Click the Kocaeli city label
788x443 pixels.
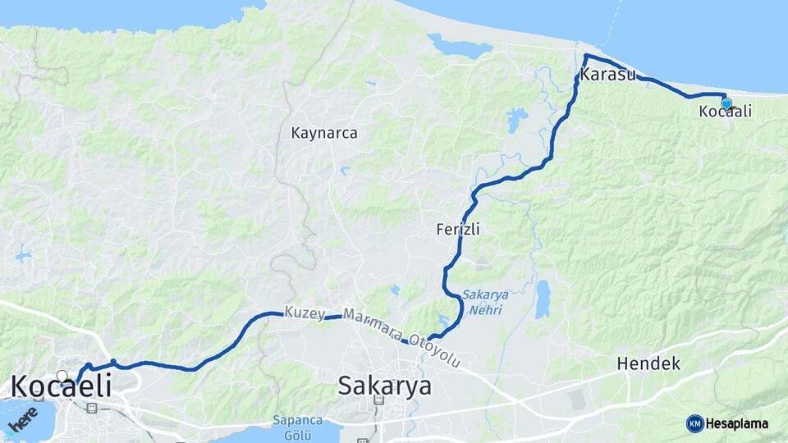coord(61,386)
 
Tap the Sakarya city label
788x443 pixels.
coord(384,386)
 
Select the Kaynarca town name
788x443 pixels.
coord(324,132)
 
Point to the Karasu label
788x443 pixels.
coord(607,75)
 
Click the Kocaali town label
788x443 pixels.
coord(725,112)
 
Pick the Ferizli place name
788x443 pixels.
coord(458,231)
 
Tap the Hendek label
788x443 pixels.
coord(648,363)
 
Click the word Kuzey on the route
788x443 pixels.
coord(300,313)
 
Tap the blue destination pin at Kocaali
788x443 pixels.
coord(726,103)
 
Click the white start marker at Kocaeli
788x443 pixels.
coord(62,377)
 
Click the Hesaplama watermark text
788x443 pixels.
coord(736,423)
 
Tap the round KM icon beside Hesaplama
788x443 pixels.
coord(694,423)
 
